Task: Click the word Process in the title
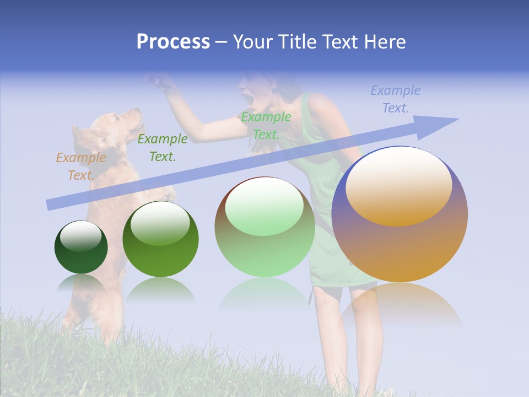click(173, 42)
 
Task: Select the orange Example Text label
click(80, 167)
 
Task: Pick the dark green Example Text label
click(162, 148)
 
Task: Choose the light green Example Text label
click(266, 125)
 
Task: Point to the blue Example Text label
click(395, 99)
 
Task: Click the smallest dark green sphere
click(81, 247)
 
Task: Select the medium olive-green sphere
click(160, 239)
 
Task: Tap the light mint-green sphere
click(264, 227)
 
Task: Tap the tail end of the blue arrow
click(50, 205)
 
